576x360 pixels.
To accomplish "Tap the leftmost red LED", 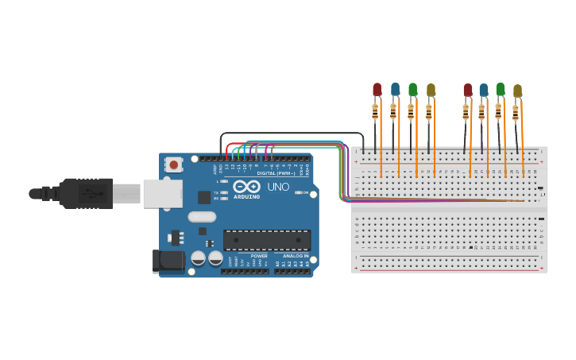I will point(377,90).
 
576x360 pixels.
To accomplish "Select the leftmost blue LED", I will point(395,90).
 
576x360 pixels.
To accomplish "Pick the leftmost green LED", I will point(412,90).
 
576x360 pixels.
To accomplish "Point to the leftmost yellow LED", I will point(431,91).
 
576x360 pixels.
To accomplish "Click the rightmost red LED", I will point(468,91).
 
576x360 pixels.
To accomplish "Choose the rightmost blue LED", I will point(484,91).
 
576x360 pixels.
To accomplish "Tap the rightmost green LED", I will point(501,90).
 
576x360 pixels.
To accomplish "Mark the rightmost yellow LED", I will point(517,91).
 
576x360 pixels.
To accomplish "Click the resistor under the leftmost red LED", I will point(375,111).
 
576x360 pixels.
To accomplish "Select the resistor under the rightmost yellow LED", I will point(515,113).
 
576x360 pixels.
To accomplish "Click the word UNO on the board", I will point(278,187).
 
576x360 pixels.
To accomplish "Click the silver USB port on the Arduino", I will point(162,193).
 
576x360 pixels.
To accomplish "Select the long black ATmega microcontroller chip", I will point(267,240).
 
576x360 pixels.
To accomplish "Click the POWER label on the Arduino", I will point(259,256).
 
